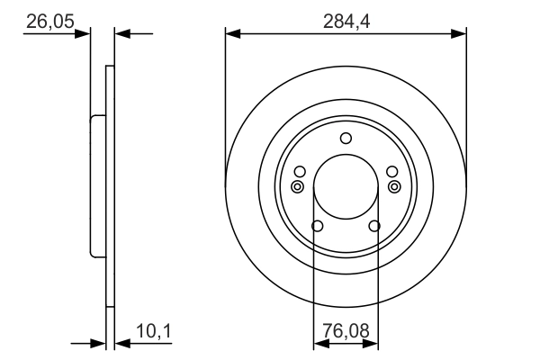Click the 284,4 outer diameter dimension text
coord(346,21)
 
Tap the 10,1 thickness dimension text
coord(155,333)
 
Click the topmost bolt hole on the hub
coord(346,139)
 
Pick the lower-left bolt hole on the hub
coord(316,226)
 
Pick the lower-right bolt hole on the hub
coord(375,226)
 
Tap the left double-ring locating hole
coord(297,186)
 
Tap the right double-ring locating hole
coord(394,186)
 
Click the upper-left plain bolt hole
coord(300,172)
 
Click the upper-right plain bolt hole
coord(391,172)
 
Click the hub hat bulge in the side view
coord(96,186)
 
